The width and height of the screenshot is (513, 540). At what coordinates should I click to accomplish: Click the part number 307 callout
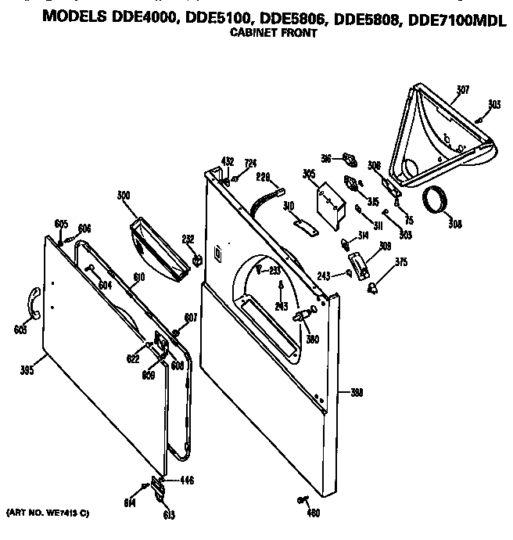[x=462, y=90]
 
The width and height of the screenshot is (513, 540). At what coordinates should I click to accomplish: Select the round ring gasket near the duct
[x=436, y=202]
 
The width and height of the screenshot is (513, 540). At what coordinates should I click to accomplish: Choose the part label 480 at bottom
[x=313, y=513]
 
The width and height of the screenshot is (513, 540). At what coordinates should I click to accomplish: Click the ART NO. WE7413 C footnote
[x=48, y=513]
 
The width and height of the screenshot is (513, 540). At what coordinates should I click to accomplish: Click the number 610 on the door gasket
[x=138, y=277]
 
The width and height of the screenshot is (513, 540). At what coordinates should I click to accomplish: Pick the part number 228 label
[x=262, y=177]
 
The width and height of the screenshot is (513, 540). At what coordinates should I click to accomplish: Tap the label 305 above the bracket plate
[x=309, y=174]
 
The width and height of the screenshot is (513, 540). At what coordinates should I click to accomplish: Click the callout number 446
[x=187, y=480]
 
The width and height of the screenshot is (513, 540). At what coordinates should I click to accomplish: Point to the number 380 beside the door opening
[x=312, y=339]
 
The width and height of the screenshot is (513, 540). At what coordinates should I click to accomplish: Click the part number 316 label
[x=327, y=157]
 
